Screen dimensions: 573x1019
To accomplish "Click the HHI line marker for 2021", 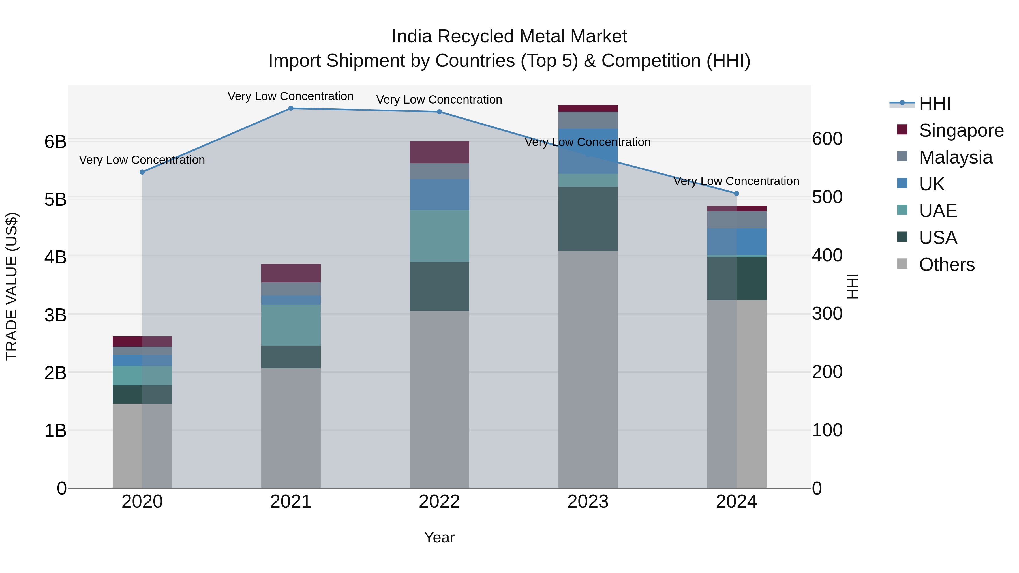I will [x=291, y=108].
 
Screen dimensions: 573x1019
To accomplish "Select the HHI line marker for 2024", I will [x=737, y=193].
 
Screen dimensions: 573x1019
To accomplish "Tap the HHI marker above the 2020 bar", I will [x=142, y=172].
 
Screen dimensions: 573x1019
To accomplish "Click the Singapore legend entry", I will [x=961, y=130].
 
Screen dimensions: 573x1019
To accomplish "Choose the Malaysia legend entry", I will [x=955, y=157].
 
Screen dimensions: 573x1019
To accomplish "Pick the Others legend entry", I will [x=947, y=265].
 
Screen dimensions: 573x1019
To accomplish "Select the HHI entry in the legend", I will [x=934, y=104].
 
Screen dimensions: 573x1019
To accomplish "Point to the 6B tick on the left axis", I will [x=55, y=141].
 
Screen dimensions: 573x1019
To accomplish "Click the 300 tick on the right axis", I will [x=827, y=314].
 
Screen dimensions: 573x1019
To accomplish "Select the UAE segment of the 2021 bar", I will [x=291, y=325].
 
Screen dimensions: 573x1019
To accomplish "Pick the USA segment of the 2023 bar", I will [x=588, y=219].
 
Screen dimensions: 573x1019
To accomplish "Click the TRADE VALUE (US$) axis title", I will [x=12, y=286].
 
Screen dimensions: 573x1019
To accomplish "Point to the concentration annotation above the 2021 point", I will [x=291, y=96].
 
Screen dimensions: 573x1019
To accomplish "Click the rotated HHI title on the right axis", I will [x=853, y=286].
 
